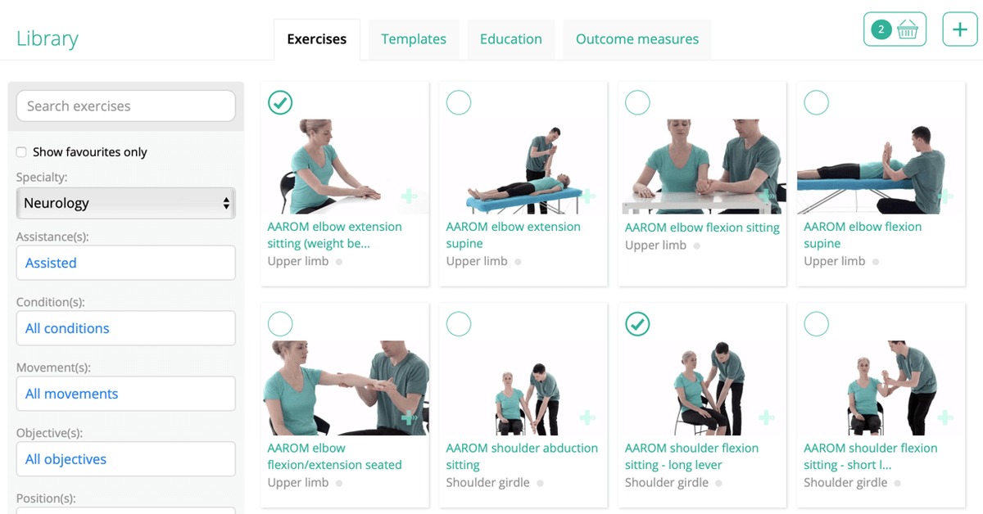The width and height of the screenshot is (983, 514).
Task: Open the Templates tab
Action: pos(414,39)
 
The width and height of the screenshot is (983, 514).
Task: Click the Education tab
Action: pos(511,39)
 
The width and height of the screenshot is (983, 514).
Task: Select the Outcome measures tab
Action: pos(637,39)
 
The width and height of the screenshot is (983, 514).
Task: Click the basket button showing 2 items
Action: pos(895,29)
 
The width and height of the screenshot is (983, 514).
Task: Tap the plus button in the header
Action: pos(960,29)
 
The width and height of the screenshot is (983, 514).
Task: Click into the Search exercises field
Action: pos(126,106)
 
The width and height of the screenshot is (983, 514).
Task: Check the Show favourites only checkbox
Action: pos(21,152)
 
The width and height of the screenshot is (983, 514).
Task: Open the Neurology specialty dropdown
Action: pos(126,203)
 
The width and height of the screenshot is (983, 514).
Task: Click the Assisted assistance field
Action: pos(126,263)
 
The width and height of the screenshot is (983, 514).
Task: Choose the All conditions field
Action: pos(126,328)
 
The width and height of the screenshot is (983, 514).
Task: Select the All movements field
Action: pos(126,394)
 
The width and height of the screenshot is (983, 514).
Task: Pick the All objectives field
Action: pos(126,458)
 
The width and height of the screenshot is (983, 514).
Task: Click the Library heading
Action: pos(48,38)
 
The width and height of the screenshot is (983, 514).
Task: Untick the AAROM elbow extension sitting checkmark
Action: pos(280,102)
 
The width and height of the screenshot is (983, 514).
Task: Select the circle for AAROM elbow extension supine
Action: pos(459,102)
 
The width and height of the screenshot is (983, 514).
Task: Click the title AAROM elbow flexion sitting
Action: pos(702,228)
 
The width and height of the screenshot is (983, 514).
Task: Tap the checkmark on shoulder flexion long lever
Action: pos(637,324)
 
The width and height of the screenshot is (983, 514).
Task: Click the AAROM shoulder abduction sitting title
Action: pos(522,456)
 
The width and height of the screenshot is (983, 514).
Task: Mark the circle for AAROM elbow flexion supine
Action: pos(816,102)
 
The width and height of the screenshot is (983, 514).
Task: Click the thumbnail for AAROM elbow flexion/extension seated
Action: pos(346,388)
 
